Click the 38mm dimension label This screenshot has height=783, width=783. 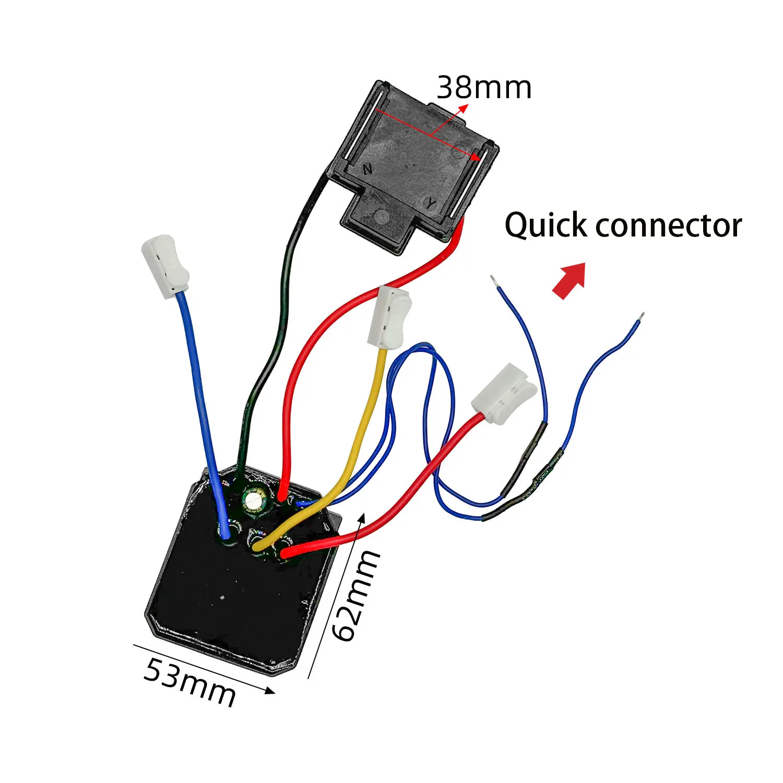(484, 88)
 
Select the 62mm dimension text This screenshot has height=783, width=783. (356, 595)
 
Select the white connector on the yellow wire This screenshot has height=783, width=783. (389, 317)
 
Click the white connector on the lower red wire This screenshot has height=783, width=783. (504, 394)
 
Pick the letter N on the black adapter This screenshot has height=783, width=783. (367, 169)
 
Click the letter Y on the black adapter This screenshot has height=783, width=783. (430, 203)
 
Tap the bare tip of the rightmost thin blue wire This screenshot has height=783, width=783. (640, 316)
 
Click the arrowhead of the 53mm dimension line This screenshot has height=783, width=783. (270, 691)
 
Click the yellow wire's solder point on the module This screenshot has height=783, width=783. (258, 545)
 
